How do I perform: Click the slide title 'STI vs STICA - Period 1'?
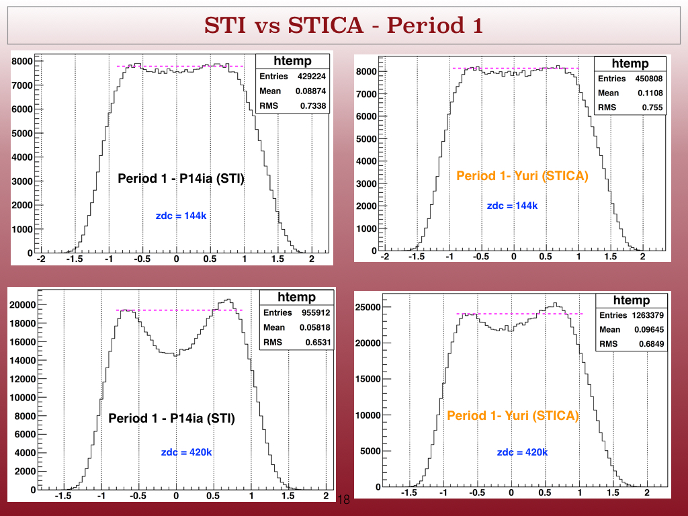pos(343,25)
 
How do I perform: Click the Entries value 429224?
pos(312,77)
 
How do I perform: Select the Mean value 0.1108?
pos(650,93)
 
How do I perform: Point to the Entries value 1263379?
pos(648,315)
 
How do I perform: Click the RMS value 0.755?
pos(652,107)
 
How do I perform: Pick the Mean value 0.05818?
pos(315,327)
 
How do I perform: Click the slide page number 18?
pos(344,499)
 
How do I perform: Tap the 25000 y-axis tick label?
pos(368,307)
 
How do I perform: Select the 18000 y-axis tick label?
pos(23,323)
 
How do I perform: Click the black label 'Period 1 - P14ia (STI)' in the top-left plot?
pos(181,178)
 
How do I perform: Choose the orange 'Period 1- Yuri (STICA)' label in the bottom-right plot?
pos(513,415)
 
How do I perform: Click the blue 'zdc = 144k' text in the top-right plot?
pos(513,206)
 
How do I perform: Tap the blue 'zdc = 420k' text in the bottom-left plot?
pos(187,452)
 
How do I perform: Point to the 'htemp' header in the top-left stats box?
pos(293,61)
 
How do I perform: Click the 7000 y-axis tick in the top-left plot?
pos(22,85)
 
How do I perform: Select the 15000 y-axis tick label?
pos(368,379)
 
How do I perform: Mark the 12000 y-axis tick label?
pos(23,379)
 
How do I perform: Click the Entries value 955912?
pos(316,312)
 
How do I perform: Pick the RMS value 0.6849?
pos(651,344)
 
